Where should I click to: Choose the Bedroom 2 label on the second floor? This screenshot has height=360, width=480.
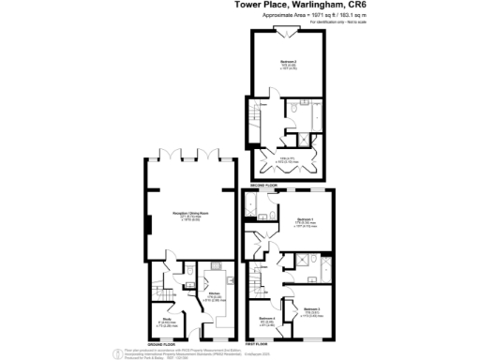pyautogui.click(x=290, y=65)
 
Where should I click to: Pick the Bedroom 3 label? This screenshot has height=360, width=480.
pyautogui.click(x=312, y=310)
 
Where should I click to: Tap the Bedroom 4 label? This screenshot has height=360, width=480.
pyautogui.click(x=267, y=321)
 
